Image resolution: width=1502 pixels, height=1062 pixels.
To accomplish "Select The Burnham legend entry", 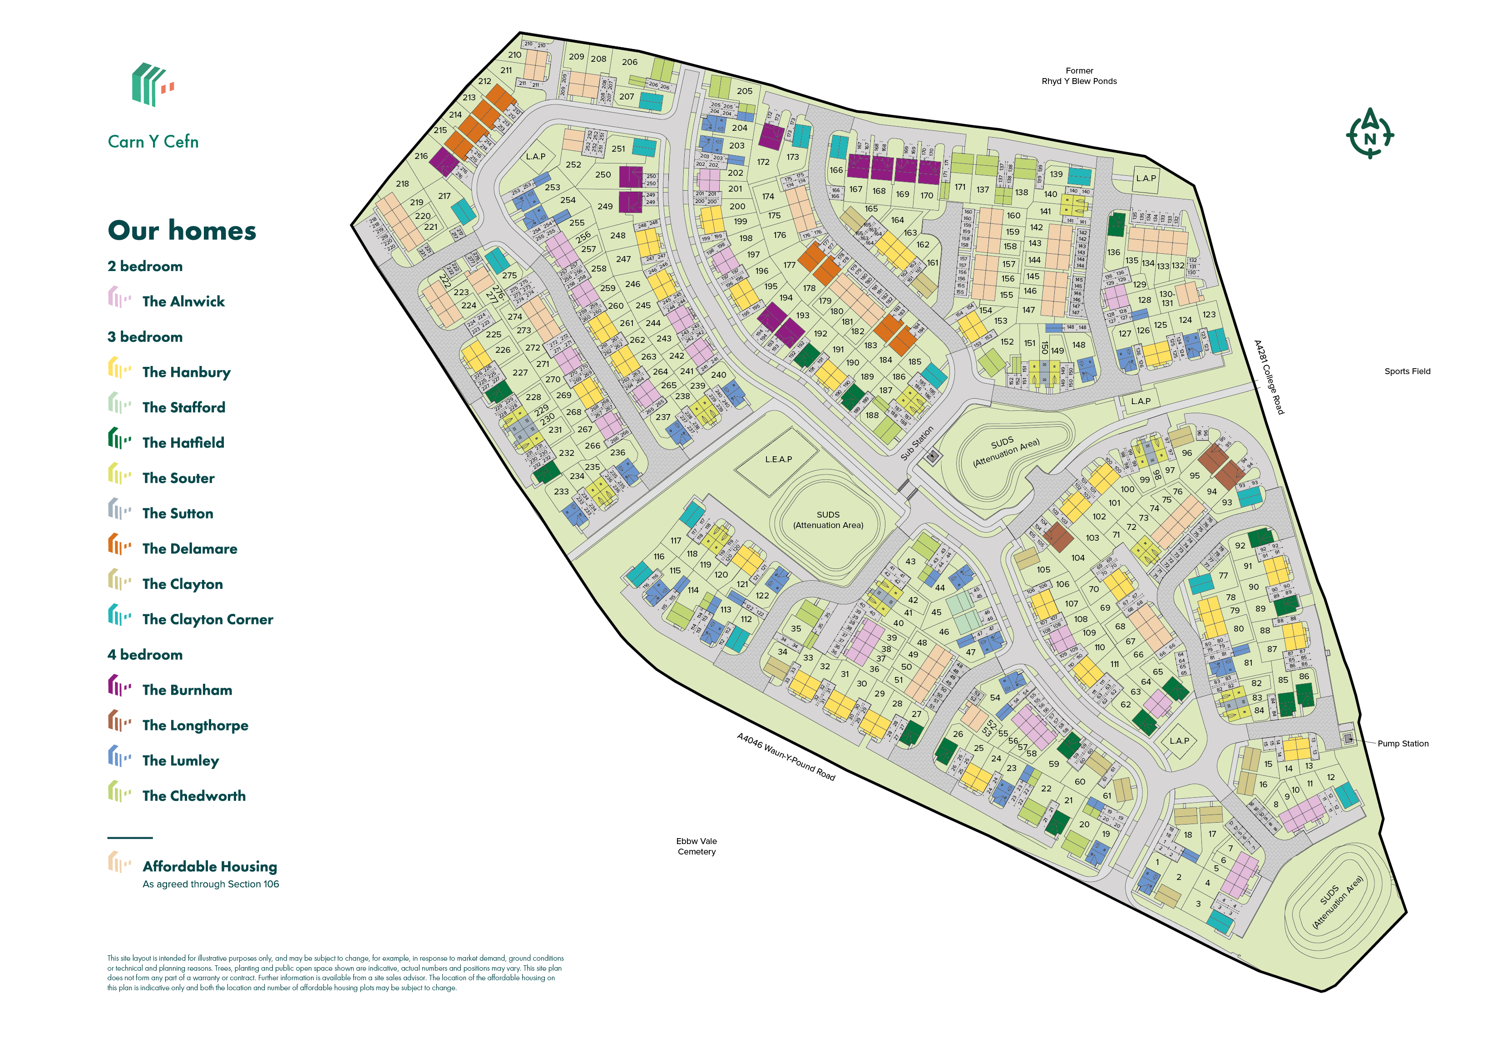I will (x=187, y=690).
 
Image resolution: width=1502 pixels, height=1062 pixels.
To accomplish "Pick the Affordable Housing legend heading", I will (x=209, y=866).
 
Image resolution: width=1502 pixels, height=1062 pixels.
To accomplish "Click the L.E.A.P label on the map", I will (x=778, y=459).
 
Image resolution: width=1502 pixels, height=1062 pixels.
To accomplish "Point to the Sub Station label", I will (x=917, y=444).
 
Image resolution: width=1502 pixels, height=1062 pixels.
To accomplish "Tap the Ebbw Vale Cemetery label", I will (x=696, y=846).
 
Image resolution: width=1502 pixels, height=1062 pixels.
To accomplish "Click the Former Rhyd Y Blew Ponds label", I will (x=1079, y=76).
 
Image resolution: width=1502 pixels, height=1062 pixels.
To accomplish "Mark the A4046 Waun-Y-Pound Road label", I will (x=786, y=756).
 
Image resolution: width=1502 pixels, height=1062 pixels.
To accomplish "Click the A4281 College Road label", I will (x=1269, y=377).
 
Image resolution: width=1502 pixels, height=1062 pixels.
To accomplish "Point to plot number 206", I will (x=629, y=62).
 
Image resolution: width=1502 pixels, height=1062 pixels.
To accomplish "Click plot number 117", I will (x=675, y=540).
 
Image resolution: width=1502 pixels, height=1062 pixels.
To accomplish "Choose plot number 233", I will (x=561, y=491).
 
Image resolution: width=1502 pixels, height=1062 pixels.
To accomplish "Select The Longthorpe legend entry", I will (x=194, y=725).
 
